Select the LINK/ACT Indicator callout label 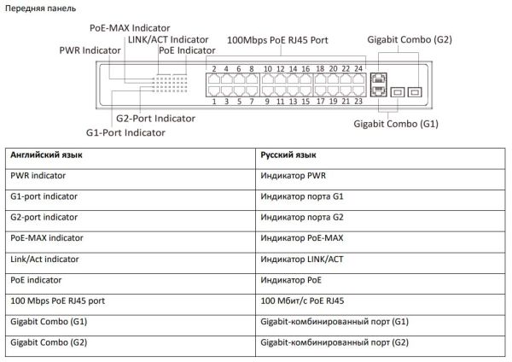coord(167,39)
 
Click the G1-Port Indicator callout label coord(125,132)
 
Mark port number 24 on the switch coord(358,68)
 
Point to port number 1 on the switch coord(214,102)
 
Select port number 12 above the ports coord(281,68)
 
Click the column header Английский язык coord(46,155)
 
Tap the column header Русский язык coord(288,155)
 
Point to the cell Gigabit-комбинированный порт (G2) coord(335,342)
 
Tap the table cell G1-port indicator coord(44,196)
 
